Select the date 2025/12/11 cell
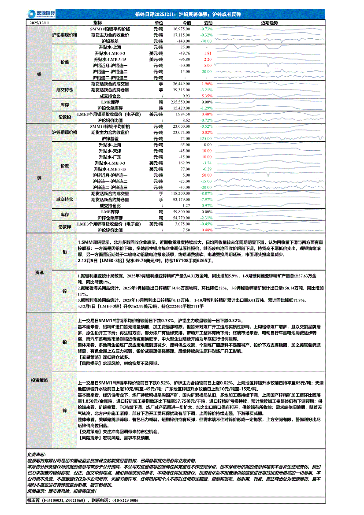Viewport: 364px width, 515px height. (x=39, y=22)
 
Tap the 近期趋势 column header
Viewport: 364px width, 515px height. (x=269, y=22)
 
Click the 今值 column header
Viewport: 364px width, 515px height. (x=186, y=22)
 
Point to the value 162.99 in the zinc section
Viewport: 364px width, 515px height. (x=185, y=163)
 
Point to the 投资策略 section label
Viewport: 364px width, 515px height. (x=39, y=380)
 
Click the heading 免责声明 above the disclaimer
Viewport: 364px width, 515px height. (x=39, y=454)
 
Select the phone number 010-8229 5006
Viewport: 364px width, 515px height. (x=124, y=500)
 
